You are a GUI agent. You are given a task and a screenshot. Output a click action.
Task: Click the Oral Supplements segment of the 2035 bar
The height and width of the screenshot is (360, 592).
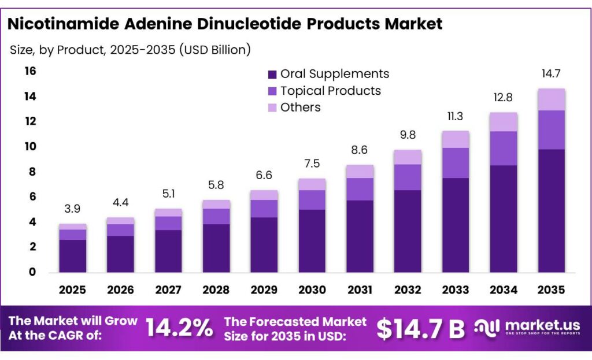pos(551,211)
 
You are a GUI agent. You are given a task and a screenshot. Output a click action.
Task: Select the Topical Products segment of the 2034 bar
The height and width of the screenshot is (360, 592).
pos(504,149)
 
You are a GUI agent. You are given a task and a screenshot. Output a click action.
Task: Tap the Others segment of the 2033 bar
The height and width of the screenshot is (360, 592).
pos(456,139)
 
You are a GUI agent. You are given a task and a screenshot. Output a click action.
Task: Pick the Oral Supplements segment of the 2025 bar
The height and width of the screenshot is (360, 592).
pos(73,256)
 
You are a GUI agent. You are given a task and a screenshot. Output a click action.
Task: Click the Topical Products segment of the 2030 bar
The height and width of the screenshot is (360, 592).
pos(312,200)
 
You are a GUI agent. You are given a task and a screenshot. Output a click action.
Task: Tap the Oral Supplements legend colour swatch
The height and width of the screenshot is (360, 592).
pos(272,75)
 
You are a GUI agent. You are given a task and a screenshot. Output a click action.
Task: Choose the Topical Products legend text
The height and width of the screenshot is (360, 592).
pos(330,91)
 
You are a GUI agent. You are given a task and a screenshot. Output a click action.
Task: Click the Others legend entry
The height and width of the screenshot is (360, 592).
pos(300,107)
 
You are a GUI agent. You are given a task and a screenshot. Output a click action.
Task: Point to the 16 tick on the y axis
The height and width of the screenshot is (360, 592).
pos(29,71)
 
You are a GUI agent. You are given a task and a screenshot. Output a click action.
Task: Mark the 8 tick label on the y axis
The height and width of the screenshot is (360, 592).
pos(32,172)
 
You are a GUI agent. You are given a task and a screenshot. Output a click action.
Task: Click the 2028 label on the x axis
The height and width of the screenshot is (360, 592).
pos(216,290)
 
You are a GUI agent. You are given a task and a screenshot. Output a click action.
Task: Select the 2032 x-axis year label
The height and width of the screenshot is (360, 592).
pos(408,290)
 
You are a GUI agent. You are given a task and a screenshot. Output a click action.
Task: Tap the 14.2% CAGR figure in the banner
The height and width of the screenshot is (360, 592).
pos(179,328)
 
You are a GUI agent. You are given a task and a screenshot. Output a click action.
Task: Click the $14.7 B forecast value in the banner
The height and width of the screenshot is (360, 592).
pos(420,329)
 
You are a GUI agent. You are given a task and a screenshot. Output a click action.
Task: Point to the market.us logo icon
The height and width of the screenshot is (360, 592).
pos(486,328)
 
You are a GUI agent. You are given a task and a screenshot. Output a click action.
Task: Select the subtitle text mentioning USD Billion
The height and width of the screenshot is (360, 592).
pos(130,50)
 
